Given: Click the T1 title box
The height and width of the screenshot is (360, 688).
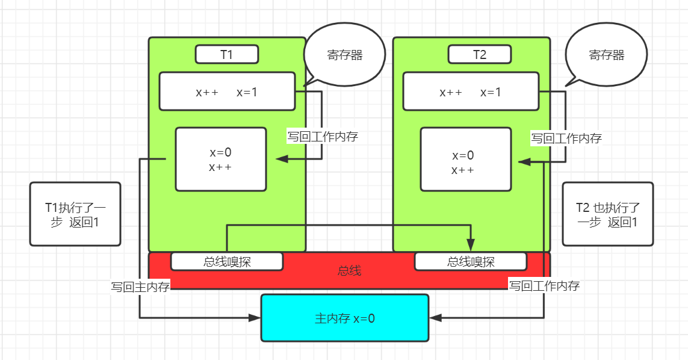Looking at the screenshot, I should [x=227, y=54].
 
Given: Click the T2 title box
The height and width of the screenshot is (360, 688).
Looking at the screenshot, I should [x=480, y=54].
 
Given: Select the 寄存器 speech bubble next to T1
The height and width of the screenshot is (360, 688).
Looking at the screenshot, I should [x=344, y=55].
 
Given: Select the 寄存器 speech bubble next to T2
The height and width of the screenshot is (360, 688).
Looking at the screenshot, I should [x=606, y=55].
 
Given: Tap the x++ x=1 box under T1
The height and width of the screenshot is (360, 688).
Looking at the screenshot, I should [x=227, y=92].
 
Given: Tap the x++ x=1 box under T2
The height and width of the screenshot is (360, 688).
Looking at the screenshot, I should [x=471, y=92].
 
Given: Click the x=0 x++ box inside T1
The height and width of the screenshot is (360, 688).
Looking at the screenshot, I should [x=220, y=160].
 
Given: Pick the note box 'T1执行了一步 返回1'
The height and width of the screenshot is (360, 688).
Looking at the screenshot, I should [x=75, y=214].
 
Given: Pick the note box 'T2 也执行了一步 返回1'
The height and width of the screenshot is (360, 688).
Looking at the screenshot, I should [x=607, y=214].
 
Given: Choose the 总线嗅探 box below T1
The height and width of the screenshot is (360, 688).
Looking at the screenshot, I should [x=227, y=262].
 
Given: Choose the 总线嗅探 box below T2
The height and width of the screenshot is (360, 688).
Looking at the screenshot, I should [x=471, y=262].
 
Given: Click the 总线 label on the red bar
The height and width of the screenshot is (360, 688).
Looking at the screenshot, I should [x=349, y=271].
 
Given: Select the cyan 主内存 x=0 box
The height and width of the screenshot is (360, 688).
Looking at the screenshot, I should [x=345, y=318].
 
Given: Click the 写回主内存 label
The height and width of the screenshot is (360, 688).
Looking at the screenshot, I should [x=140, y=286].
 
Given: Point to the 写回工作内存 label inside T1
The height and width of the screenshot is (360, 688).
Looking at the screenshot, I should [x=323, y=137].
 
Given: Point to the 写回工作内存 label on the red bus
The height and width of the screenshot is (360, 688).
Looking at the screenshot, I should [x=544, y=286].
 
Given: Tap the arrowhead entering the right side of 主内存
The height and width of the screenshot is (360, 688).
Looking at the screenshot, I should [x=435, y=317].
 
